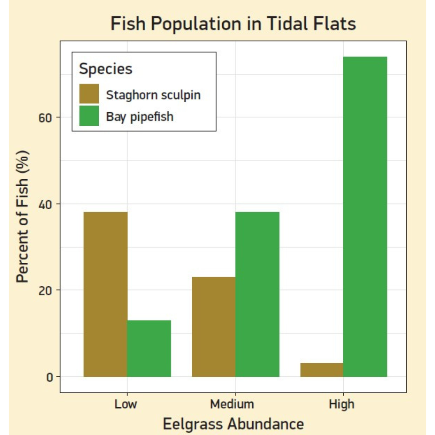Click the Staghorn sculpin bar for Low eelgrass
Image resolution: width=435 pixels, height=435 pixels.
tap(105, 294)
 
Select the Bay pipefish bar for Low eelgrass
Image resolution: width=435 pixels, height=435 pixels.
tap(149, 348)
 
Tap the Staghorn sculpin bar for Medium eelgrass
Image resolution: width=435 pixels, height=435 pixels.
tap(214, 327)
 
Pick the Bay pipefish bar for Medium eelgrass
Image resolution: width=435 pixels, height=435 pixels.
tap(257, 294)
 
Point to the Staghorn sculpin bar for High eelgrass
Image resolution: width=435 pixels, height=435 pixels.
tap(321, 370)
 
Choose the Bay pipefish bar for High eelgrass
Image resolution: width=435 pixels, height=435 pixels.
tap(365, 217)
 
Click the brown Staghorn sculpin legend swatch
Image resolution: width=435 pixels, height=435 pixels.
tap(89, 94)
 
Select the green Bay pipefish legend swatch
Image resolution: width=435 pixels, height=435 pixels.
tap(89, 116)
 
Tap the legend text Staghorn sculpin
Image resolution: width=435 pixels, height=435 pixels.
tap(154, 94)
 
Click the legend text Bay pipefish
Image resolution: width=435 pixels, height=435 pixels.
tap(140, 116)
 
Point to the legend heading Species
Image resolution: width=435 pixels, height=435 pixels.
tap(106, 69)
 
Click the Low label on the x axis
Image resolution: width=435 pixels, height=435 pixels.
tap(126, 404)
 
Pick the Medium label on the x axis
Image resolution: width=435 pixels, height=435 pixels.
tap(232, 404)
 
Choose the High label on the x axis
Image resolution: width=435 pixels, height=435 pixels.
tap(342, 404)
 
